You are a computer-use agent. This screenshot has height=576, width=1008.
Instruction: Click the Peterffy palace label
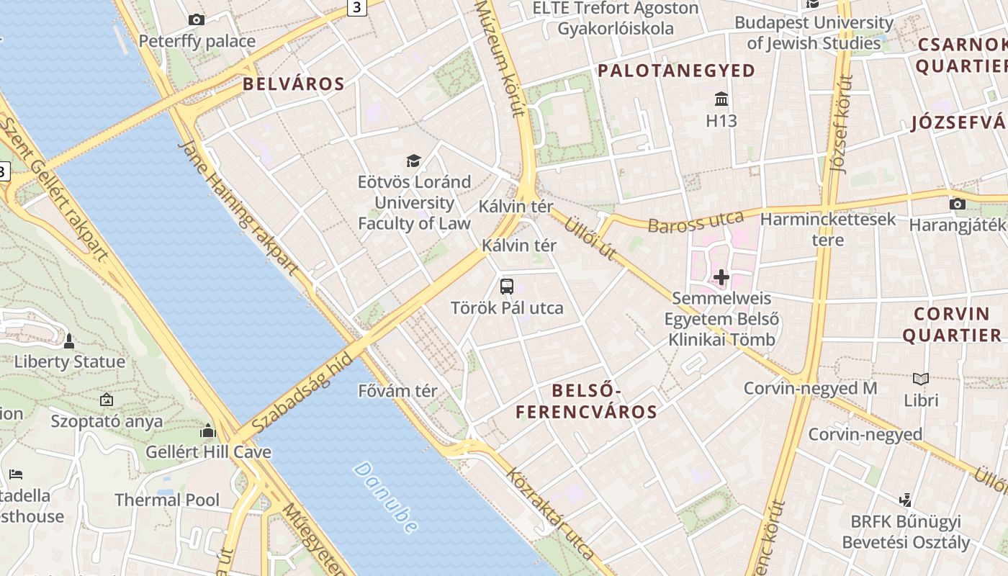[197, 41]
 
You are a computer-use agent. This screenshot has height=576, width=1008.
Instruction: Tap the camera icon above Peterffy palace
[197, 20]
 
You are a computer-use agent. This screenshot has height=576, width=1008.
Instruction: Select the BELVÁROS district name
[293, 84]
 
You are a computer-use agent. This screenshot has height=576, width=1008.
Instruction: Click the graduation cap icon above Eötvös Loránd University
[413, 161]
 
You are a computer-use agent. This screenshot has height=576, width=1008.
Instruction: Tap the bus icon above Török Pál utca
[507, 286]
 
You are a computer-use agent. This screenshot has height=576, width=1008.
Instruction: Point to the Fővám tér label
[397, 391]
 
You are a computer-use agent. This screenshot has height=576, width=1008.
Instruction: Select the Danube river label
[386, 498]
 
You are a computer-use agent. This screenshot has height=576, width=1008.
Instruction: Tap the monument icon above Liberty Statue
[69, 341]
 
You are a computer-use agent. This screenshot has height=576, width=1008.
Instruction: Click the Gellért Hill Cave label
[208, 452]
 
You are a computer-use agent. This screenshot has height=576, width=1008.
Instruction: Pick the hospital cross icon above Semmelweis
[721, 276]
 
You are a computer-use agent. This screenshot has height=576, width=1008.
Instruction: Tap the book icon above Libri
[920, 379]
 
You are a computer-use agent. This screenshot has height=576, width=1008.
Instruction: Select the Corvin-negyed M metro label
[810, 389]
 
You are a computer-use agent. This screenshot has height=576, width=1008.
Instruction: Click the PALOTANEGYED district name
[676, 71]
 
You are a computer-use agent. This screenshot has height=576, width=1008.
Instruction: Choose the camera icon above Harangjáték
[957, 204]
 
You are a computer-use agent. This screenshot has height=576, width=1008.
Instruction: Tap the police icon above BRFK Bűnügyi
[905, 499]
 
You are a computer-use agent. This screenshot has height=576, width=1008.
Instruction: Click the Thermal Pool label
[167, 500]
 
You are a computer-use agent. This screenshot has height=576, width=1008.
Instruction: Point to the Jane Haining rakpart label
[238, 209]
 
